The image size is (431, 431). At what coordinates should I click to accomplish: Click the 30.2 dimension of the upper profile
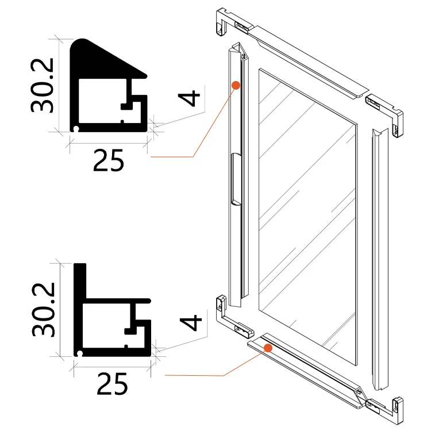[42, 86]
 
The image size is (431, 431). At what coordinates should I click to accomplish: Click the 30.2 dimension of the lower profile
[44, 310]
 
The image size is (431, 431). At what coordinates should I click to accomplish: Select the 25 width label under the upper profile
[109, 160]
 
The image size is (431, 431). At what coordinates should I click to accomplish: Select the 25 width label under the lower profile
[112, 384]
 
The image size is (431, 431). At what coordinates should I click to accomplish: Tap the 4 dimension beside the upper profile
[189, 98]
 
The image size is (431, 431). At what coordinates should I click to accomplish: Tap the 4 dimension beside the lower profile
[190, 322]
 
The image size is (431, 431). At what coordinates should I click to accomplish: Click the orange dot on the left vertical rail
[236, 85]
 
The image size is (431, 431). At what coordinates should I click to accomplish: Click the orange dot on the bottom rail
[268, 348]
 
